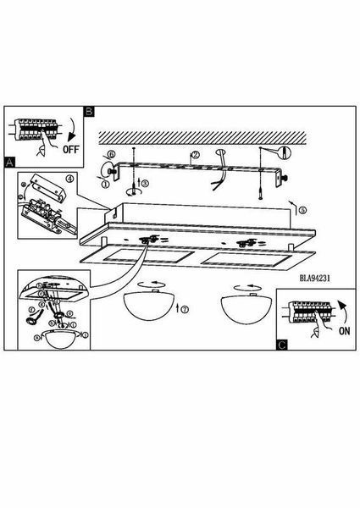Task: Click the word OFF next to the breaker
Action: point(71,149)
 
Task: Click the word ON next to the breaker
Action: point(345,331)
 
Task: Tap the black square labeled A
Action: point(9,162)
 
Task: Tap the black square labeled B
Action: point(89,112)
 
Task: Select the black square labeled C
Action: point(281,345)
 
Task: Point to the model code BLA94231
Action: point(315,278)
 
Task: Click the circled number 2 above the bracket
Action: point(195,155)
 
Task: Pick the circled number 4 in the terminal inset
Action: point(70,178)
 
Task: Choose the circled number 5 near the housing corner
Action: point(302,210)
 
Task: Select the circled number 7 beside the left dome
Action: point(185,309)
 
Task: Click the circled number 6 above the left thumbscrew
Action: point(110,155)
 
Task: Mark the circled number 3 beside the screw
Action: point(145,183)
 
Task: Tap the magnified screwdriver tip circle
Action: point(284,152)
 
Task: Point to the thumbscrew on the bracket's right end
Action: point(285,178)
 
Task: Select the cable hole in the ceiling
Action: point(220,152)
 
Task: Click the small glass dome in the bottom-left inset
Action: point(62,339)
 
